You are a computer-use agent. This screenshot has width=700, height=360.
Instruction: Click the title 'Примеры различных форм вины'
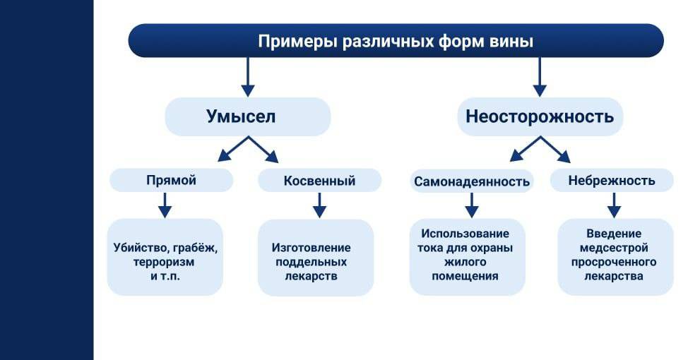tap(396, 41)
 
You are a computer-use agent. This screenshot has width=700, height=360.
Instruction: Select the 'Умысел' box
tap(247, 116)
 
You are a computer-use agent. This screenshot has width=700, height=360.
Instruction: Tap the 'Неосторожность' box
tap(540, 116)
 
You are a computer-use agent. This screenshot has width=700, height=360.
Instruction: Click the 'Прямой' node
tap(171, 181)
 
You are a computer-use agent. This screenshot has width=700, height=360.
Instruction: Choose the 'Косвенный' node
tap(319, 181)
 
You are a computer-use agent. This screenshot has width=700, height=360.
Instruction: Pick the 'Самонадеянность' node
tap(471, 181)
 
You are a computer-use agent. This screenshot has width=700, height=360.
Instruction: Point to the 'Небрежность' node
tap(612, 181)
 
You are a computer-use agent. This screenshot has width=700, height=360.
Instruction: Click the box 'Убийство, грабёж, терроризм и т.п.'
tap(165, 257)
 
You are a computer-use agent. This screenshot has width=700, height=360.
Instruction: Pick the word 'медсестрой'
tap(614, 248)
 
